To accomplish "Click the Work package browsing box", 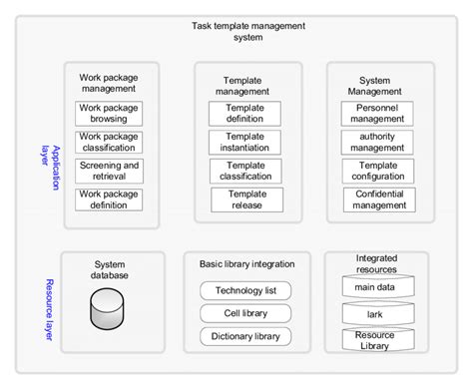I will [110, 113].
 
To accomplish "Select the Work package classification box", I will [110, 142].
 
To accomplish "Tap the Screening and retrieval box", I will [110, 171].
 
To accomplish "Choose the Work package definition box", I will [110, 199].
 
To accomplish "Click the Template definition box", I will [244, 113].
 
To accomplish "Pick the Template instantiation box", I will [244, 142].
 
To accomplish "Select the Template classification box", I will [244, 171].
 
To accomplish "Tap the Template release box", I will [244, 199].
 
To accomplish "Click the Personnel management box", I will [379, 113].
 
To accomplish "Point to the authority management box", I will [379, 142].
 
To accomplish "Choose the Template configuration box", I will [379, 171].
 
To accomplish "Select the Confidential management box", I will [379, 199].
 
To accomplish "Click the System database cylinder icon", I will [110, 310].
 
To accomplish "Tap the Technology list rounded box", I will [245, 291].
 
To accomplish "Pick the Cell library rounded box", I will [245, 313].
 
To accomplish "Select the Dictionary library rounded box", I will [245, 336].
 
